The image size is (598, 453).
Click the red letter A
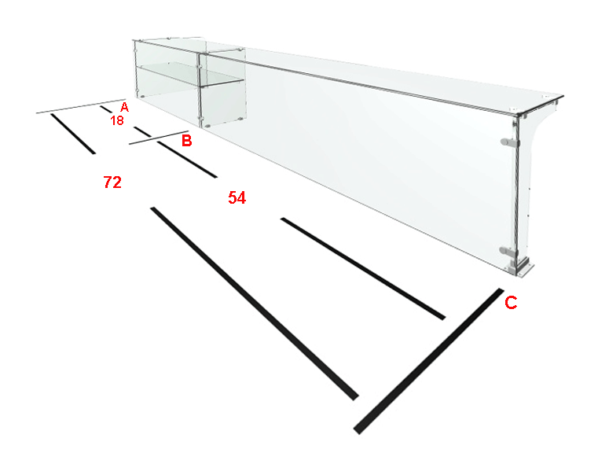point(124,107)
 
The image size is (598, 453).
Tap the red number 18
point(117,120)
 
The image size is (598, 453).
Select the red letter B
point(186,141)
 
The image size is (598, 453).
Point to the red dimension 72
point(112,182)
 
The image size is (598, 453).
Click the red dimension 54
point(237,197)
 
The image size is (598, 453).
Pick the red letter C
point(511,303)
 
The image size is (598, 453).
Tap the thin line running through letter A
point(81,106)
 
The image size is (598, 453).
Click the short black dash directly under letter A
point(106,109)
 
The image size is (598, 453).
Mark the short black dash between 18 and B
point(143,131)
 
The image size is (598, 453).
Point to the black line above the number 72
point(73,134)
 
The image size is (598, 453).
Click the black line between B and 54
point(187,160)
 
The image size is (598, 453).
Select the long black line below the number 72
point(255,304)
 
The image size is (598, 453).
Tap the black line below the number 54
point(363,269)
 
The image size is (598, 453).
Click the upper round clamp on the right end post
point(508,142)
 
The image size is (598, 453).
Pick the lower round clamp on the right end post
point(508,252)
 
